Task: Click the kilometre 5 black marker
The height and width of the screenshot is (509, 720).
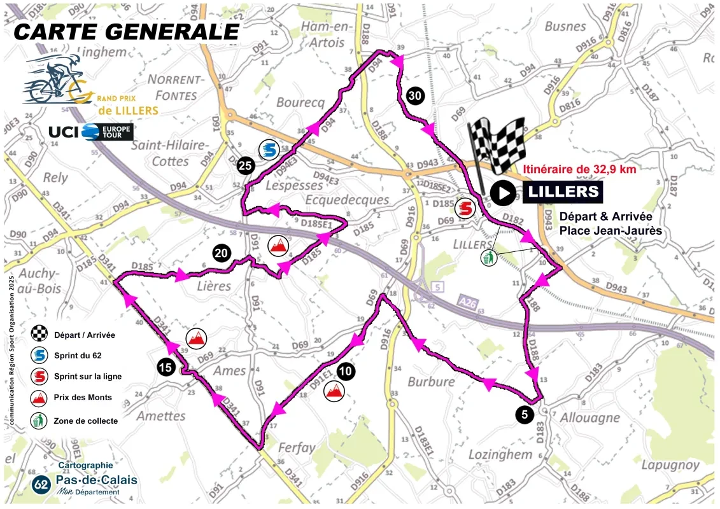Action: pos(524,414)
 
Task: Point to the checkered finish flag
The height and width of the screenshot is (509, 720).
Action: pos(498,146)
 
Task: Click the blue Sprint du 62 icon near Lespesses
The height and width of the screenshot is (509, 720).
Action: pos(269,150)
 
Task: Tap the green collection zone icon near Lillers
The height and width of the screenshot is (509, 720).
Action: pos(488,258)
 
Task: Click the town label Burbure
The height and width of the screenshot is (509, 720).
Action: pos(432,382)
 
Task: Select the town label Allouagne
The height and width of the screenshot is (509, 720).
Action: pos(589,417)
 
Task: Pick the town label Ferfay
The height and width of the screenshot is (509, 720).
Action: pos(297,447)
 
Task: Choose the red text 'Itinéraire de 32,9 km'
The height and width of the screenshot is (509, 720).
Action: pos(579,169)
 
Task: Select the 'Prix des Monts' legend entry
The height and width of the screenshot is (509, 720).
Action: pos(83,397)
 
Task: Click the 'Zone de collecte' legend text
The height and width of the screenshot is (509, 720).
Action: pos(86,420)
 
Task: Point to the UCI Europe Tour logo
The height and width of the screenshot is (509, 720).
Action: pos(91,132)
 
